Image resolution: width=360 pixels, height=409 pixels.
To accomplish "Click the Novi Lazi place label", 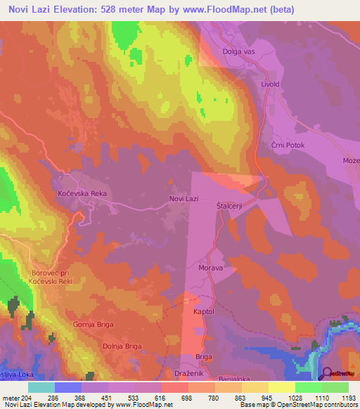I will (185, 200).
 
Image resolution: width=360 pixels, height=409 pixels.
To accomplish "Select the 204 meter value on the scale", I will (23, 398).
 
